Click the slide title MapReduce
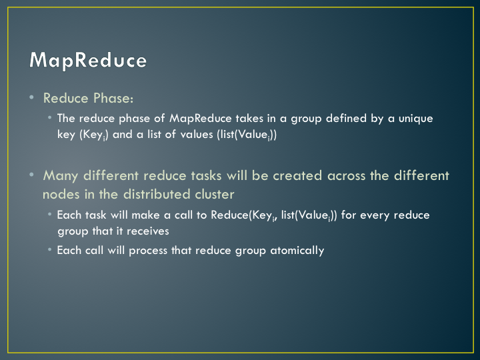click(x=88, y=60)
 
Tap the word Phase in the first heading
click(x=113, y=98)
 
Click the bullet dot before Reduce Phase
click(x=31, y=97)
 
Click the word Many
click(x=61, y=176)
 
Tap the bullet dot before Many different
click(x=31, y=175)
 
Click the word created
click(x=297, y=176)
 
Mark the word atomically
click(x=297, y=251)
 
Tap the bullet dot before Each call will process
click(x=50, y=250)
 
